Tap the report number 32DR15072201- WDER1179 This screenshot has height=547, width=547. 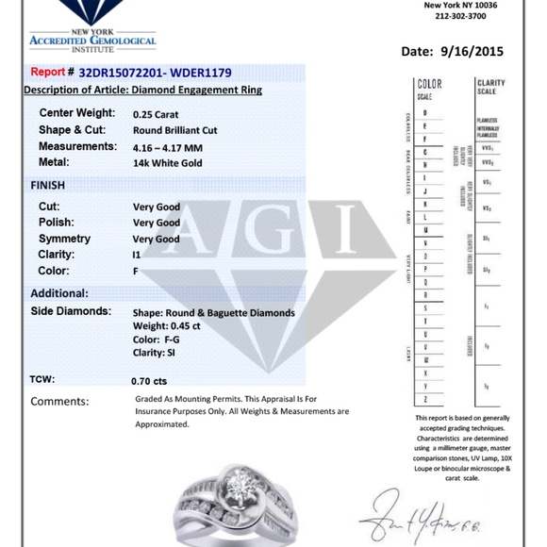pyautogui.click(x=156, y=73)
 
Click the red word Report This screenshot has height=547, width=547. pyautogui.click(x=48, y=73)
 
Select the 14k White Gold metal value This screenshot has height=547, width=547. pyautogui.click(x=166, y=164)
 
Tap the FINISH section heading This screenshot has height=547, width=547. pyautogui.click(x=48, y=186)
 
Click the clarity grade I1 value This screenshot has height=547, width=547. pyautogui.click(x=139, y=256)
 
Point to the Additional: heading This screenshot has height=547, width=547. pyautogui.click(x=59, y=293)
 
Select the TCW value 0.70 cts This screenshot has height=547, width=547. pyautogui.click(x=149, y=381)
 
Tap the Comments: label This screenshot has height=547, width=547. pyautogui.click(x=59, y=401)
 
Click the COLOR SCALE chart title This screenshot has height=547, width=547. pyautogui.click(x=429, y=90)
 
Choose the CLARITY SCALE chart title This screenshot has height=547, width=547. pyautogui.click(x=490, y=88)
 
